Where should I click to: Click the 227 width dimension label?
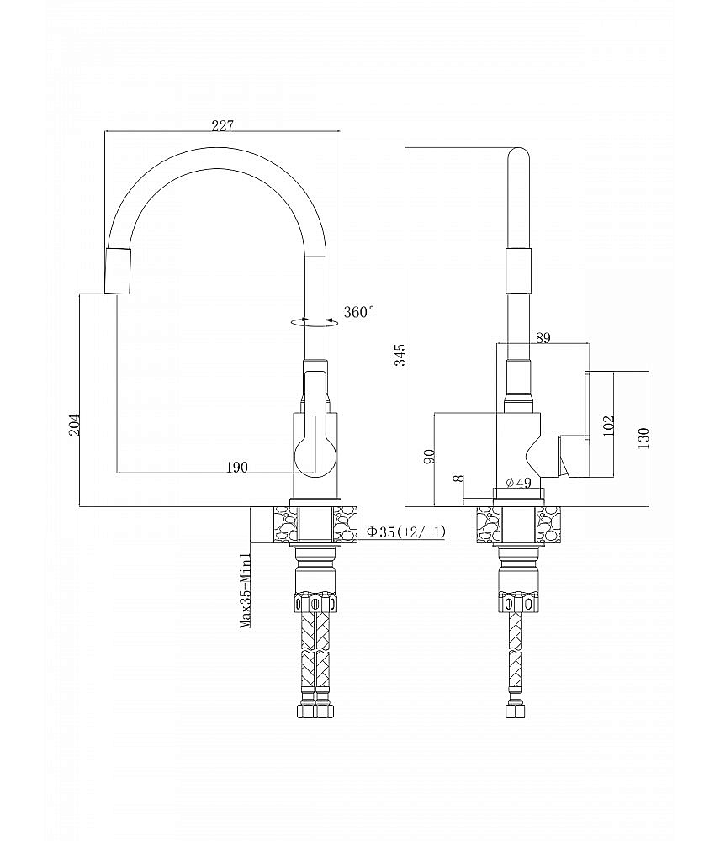tap(222, 126)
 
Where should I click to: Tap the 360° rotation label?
tap(359, 312)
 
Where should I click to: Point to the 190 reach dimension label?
tap(236, 468)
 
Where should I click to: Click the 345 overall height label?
tap(400, 355)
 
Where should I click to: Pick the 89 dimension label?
tap(543, 338)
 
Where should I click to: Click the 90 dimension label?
tap(429, 457)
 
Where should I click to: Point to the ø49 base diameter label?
tap(518, 483)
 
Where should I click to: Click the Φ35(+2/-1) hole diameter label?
tap(405, 532)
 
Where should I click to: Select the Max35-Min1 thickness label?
tap(246, 590)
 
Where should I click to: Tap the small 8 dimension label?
tap(458, 479)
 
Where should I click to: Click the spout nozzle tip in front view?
tap(118, 272)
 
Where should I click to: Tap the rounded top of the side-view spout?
tap(518, 156)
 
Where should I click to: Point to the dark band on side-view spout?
tap(518, 271)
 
